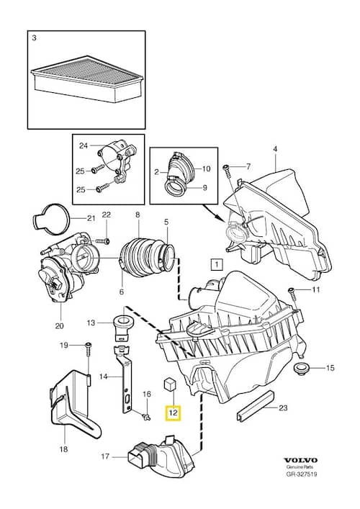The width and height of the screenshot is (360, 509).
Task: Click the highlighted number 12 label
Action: pyautogui.click(x=174, y=413)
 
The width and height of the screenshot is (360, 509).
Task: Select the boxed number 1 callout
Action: pyautogui.click(x=217, y=264)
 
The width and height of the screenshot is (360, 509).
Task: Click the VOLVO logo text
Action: pyautogui.click(x=301, y=460)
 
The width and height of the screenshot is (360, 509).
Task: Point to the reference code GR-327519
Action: pyautogui.click(x=301, y=474)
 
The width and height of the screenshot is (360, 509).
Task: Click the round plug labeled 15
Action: pyautogui.click(x=300, y=369)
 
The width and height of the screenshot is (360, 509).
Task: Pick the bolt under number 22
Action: pyautogui.click(x=102, y=241)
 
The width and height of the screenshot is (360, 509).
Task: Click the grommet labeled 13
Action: pyautogui.click(x=122, y=328)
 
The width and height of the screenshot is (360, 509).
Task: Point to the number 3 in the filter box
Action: pyautogui.click(x=34, y=37)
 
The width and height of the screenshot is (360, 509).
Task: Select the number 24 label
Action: pyautogui.click(x=84, y=146)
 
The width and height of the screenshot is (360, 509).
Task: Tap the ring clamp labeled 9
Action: pyautogui.click(x=175, y=190)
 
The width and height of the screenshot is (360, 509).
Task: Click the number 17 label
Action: pyautogui.click(x=105, y=456)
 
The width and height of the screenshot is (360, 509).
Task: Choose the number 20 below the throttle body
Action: pyautogui.click(x=60, y=325)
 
